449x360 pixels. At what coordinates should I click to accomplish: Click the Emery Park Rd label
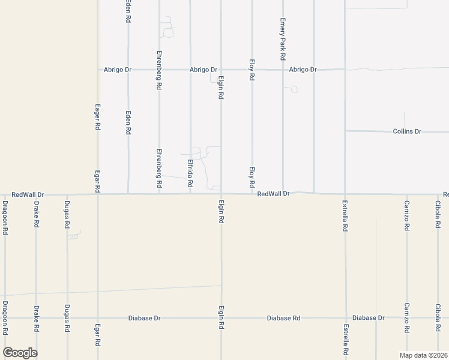(x=282, y=39)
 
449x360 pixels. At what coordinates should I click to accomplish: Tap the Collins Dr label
(x=408, y=131)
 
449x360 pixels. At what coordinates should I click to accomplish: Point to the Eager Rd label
(x=97, y=116)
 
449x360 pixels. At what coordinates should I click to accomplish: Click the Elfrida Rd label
(x=190, y=172)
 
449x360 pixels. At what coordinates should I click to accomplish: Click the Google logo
(x=20, y=352)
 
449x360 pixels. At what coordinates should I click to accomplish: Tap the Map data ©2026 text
(x=423, y=355)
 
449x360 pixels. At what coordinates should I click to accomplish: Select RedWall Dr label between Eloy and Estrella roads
(x=274, y=194)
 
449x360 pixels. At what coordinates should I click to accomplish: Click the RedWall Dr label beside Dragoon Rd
(x=28, y=195)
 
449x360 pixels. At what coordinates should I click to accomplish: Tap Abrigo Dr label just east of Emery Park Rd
(x=303, y=70)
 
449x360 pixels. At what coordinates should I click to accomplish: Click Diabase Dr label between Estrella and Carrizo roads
(x=368, y=318)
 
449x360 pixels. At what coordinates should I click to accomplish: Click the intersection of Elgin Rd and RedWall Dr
(x=221, y=194)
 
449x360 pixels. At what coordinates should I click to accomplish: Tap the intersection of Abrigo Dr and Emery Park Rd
(x=283, y=70)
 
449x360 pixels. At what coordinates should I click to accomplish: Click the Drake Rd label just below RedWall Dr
(x=36, y=215)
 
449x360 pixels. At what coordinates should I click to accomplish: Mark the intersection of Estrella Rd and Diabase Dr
(x=345, y=318)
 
